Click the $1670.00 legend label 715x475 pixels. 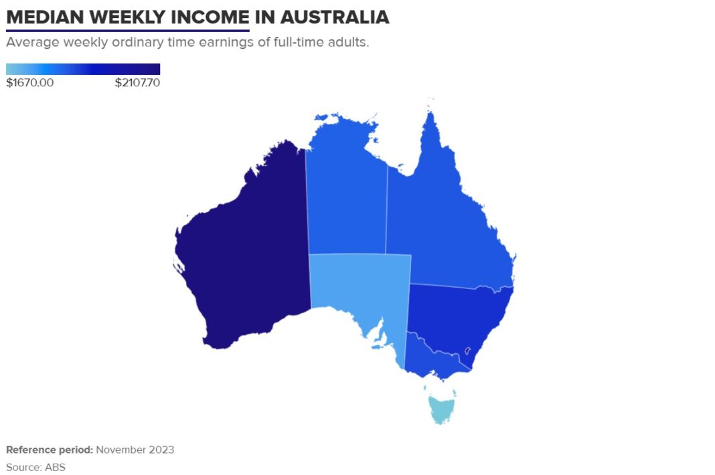click(30, 83)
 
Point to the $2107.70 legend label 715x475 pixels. click(137, 83)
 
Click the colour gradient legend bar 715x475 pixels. click(83, 69)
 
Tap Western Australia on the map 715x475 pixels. click(248, 254)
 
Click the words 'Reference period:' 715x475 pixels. click(50, 450)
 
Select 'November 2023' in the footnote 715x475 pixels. click(135, 450)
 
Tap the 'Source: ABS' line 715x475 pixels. click(36, 467)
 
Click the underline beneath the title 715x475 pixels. click(127, 30)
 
